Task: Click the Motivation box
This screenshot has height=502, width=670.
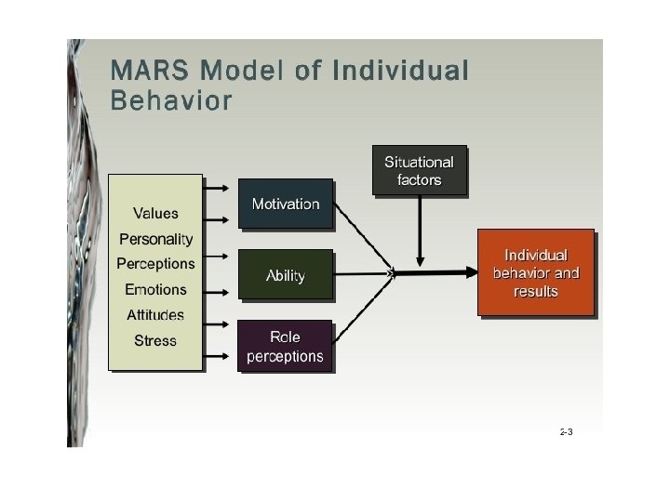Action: [285, 204]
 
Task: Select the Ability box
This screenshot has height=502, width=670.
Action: [285, 275]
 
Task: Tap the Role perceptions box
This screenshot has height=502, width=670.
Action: [285, 346]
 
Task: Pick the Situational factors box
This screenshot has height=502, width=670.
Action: [419, 170]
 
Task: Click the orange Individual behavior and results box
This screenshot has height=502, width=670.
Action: [535, 272]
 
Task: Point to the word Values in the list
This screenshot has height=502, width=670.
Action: [155, 214]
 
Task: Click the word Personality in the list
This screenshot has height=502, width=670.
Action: [155, 239]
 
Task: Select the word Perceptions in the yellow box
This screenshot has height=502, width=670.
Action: [155, 264]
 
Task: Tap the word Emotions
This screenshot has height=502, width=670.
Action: [155, 290]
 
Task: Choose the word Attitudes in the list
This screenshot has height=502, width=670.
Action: [155, 315]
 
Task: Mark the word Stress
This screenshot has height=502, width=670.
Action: [155, 341]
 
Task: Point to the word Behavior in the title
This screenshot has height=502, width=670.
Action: [171, 99]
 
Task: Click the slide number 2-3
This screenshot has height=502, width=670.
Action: [566, 432]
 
